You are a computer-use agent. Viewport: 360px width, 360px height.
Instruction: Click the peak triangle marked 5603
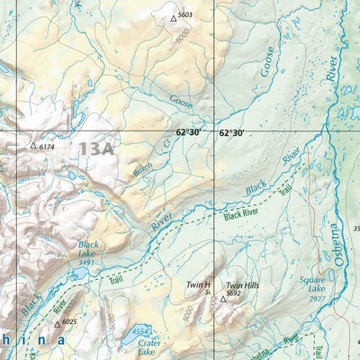click(174, 17)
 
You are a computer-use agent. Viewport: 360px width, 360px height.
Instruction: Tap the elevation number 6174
click(47, 146)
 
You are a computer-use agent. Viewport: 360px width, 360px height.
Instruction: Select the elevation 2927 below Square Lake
click(315, 298)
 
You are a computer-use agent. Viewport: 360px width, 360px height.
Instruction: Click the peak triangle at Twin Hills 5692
click(222, 298)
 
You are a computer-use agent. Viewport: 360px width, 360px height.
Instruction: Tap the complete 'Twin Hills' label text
click(241, 285)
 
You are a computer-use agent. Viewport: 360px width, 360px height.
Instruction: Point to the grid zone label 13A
click(95, 148)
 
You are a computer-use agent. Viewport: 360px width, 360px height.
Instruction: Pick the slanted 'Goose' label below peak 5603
click(182, 103)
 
